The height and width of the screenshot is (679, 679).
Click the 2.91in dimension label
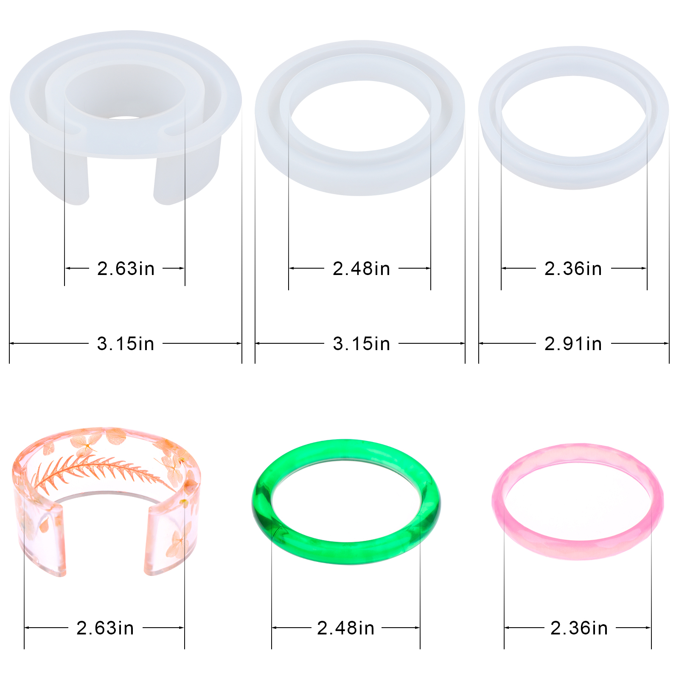(x=573, y=344)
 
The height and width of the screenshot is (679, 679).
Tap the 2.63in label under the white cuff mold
(x=126, y=269)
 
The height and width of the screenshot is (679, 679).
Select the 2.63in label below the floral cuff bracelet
(x=105, y=628)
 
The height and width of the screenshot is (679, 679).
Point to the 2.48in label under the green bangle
(x=345, y=628)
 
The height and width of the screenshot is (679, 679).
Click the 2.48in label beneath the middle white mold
(x=361, y=269)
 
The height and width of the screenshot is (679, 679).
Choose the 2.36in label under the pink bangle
(x=579, y=628)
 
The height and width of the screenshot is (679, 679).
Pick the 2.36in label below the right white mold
(x=573, y=269)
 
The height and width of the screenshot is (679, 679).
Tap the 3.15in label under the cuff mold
(x=126, y=344)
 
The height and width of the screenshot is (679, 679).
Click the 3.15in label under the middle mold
(x=361, y=344)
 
